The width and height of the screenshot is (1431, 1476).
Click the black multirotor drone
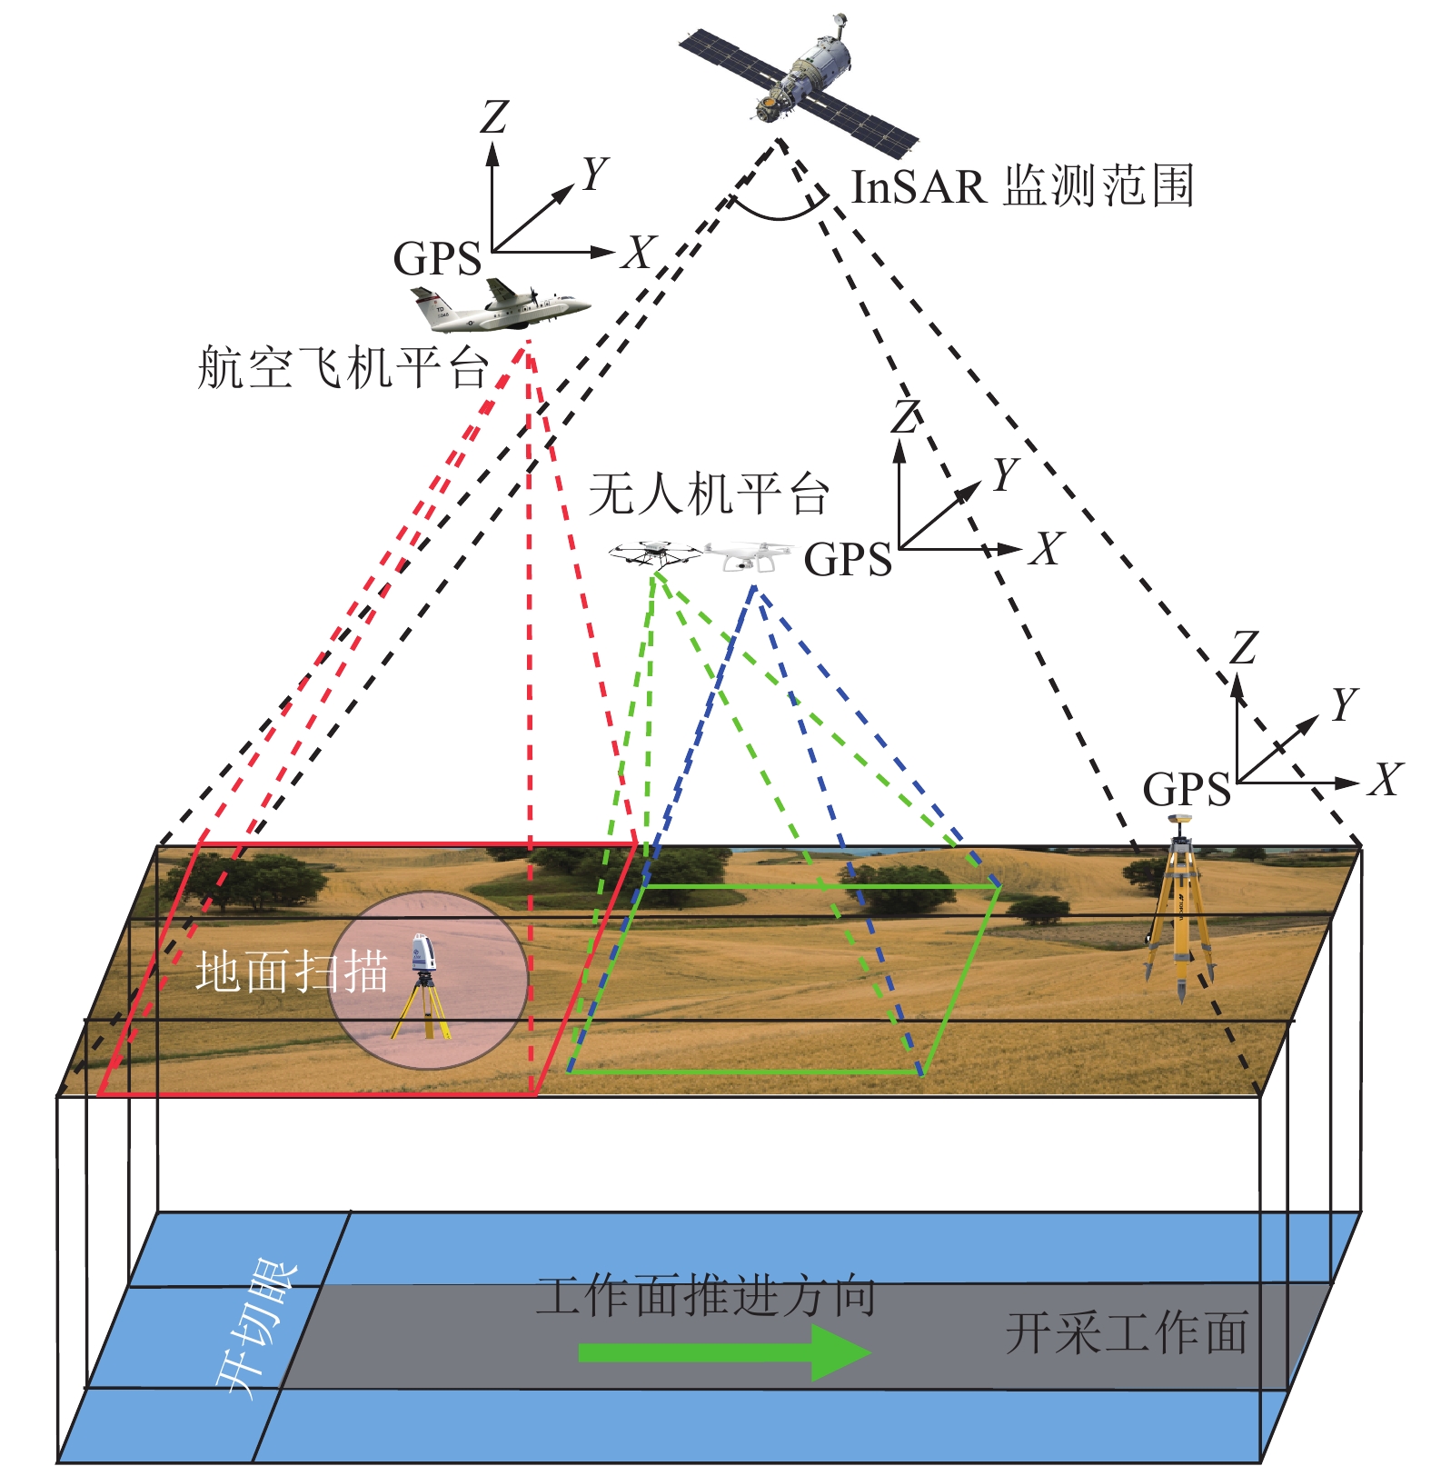[654, 553]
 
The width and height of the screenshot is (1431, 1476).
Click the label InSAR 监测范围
[1021, 186]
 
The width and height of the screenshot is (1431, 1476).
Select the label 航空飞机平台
[343, 368]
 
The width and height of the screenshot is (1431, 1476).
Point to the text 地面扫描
[293, 972]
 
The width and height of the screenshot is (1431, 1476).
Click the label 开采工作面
[1127, 1333]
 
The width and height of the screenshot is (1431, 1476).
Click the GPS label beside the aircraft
[437, 259]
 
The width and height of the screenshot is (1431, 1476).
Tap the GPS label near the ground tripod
[1186, 790]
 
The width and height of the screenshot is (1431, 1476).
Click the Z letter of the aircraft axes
[494, 117]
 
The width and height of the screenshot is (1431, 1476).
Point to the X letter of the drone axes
[1047, 549]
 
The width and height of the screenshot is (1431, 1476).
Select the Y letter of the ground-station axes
[1344, 704]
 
